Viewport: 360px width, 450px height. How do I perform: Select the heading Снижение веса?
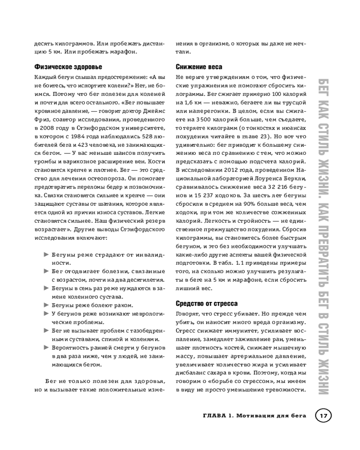pos(198,67)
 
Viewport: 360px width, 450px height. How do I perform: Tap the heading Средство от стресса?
pos(207,303)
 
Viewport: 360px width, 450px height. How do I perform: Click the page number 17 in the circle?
pos(323,415)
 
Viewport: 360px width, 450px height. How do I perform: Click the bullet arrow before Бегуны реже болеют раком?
pos(46,304)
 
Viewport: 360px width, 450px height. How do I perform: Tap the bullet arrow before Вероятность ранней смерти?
pos(46,347)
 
